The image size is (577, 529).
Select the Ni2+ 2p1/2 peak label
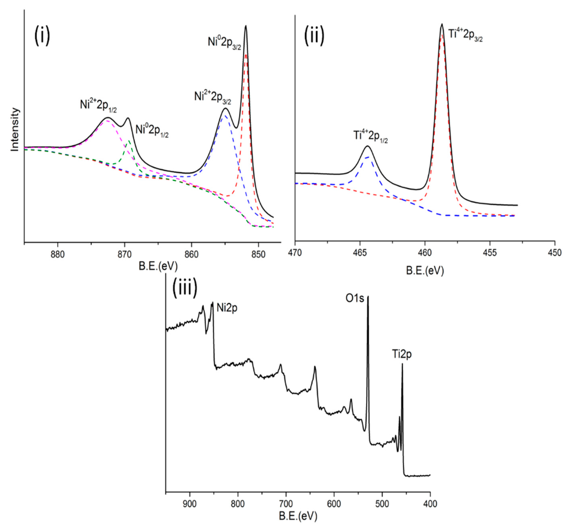98,106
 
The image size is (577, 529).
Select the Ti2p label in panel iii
402,354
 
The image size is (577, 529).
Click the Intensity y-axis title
15,129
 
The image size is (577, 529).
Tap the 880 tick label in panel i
58,254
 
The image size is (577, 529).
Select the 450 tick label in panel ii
555,253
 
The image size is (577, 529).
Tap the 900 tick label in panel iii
190,504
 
